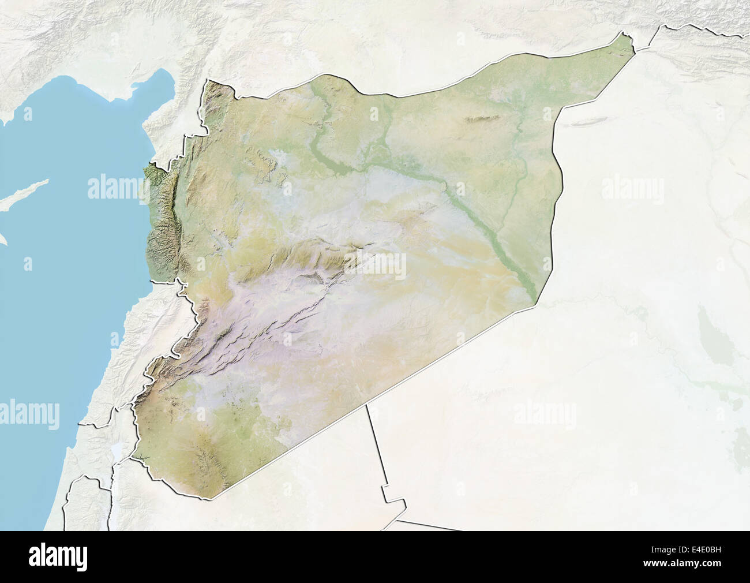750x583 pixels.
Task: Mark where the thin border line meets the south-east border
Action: point(367,404)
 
